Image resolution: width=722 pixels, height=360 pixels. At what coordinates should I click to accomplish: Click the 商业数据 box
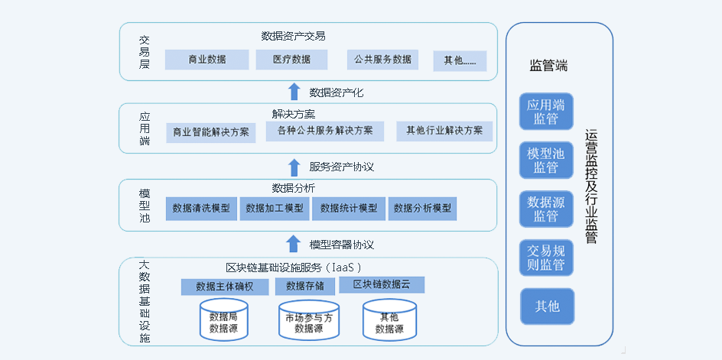[x=207, y=60]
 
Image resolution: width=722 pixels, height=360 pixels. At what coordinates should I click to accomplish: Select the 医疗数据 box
[x=291, y=60]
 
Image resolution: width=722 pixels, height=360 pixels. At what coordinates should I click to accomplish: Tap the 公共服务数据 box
[x=382, y=60]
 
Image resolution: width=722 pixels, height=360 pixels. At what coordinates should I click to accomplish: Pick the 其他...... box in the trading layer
[x=460, y=61]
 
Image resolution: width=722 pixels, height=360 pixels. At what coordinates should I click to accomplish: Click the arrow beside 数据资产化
[x=294, y=92]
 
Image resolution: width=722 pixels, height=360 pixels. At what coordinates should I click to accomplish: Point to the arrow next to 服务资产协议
[x=294, y=167]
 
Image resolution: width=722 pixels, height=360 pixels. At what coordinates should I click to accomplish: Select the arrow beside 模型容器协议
[x=294, y=243]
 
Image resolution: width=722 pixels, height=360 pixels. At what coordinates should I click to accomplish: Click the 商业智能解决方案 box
[x=211, y=132]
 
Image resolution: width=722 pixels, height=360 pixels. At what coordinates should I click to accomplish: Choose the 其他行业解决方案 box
[x=444, y=131]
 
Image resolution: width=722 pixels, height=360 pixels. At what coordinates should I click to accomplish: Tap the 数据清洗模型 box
[x=201, y=209]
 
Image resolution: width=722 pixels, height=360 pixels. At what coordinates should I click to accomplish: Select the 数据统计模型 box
[x=349, y=209]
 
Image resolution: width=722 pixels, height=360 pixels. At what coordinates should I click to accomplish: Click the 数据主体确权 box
[x=225, y=287]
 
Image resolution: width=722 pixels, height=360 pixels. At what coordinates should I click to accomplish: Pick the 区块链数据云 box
[x=382, y=285]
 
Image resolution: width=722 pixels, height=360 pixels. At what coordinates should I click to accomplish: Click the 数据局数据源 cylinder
[x=223, y=320]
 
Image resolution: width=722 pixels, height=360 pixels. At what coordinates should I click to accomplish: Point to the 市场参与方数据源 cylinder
[x=309, y=320]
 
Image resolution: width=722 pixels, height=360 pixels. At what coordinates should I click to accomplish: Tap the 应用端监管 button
[x=546, y=112]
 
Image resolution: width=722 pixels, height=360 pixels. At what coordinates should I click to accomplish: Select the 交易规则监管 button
[x=546, y=258]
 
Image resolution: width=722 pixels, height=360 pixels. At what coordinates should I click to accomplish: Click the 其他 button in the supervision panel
[x=548, y=306]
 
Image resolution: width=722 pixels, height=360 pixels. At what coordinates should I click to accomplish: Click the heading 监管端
[x=548, y=66]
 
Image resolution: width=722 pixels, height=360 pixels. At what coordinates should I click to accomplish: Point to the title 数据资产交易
[x=294, y=36]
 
